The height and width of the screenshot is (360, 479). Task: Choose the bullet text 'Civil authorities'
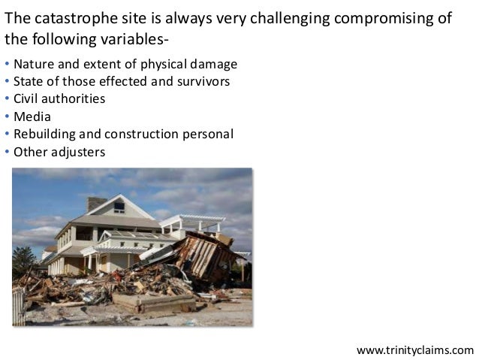click(x=59, y=99)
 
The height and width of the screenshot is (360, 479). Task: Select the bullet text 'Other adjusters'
click(x=59, y=152)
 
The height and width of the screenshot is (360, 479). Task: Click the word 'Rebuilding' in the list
click(x=46, y=135)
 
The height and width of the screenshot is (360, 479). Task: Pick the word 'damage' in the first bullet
click(x=214, y=63)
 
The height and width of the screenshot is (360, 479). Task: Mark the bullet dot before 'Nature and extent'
click(x=7, y=64)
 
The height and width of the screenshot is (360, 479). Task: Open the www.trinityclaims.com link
click(x=414, y=350)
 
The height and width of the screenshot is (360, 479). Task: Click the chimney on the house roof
click(x=96, y=204)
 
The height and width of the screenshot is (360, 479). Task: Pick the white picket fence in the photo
click(x=19, y=308)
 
